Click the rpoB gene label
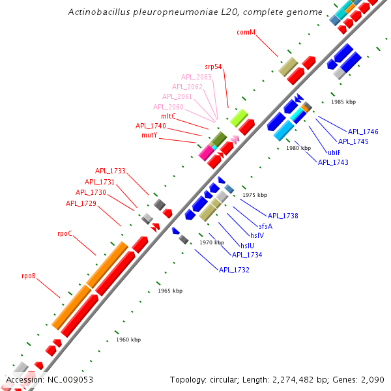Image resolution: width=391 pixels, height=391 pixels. (x=29, y=276)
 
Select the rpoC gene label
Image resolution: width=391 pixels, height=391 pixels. (x=65, y=233)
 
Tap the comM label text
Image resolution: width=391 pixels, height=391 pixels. (x=246, y=32)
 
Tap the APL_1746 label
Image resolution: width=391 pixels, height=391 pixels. (x=363, y=132)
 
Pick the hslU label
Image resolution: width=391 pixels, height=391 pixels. (x=248, y=246)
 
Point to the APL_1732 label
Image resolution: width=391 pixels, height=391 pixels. (x=234, y=270)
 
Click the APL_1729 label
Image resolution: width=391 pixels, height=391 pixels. (x=81, y=203)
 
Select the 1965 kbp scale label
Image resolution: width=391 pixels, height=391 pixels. (x=170, y=291)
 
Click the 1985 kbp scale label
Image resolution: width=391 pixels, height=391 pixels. (x=343, y=102)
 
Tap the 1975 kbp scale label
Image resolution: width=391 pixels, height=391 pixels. (x=255, y=195)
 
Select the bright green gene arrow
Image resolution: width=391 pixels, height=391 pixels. (x=239, y=118)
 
